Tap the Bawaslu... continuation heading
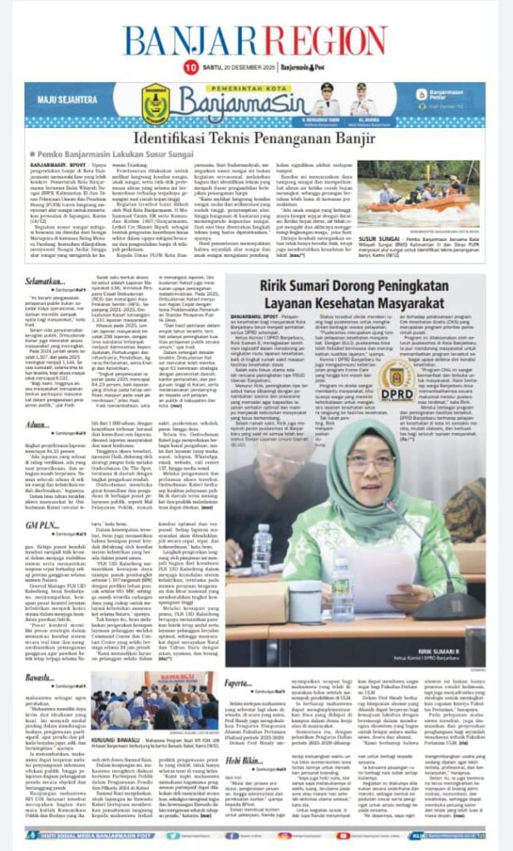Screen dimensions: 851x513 (x=39, y=678)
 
